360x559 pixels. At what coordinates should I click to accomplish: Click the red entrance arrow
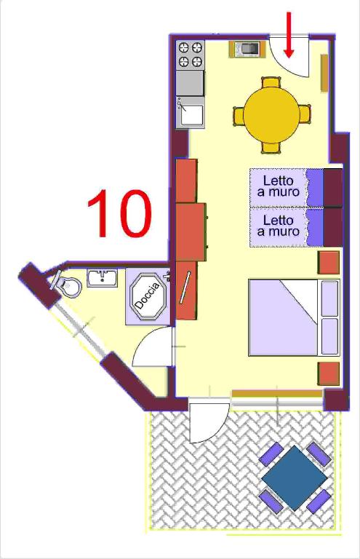click(289, 35)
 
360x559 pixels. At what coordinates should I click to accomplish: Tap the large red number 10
click(119, 213)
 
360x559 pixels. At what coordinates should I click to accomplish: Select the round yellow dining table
click(271, 115)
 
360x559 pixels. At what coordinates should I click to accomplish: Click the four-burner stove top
click(190, 55)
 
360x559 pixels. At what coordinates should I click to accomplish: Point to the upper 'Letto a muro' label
click(279, 186)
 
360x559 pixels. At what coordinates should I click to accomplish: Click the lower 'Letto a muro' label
click(279, 226)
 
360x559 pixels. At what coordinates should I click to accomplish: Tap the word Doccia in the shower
click(148, 296)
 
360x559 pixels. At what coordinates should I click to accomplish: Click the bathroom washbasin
click(103, 278)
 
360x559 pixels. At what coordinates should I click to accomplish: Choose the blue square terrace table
click(294, 477)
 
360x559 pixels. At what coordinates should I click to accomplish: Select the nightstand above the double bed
click(328, 263)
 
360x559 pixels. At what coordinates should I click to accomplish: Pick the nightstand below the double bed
click(329, 373)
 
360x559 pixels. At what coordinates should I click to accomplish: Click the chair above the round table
click(271, 83)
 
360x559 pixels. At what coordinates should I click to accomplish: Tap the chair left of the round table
click(239, 115)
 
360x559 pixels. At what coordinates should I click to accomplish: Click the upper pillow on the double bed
click(329, 298)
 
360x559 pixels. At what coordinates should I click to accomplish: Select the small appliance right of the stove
click(247, 49)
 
